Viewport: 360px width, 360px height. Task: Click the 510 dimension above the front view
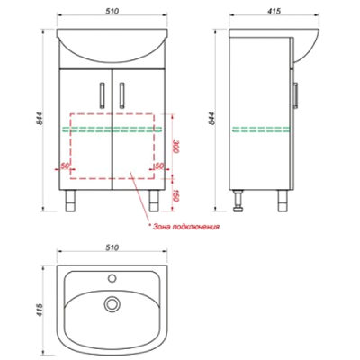[x=112, y=11]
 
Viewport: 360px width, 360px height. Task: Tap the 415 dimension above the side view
[x=274, y=11]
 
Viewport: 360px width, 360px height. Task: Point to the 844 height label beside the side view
[x=211, y=119]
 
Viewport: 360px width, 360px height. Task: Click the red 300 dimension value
[x=176, y=146]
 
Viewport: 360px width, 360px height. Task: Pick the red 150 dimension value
[x=176, y=195]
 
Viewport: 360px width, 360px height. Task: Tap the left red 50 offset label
[x=65, y=166]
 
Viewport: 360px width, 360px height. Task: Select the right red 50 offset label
[x=158, y=166]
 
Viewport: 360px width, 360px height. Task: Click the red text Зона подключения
[x=186, y=227]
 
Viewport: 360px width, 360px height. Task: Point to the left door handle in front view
[x=103, y=95]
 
